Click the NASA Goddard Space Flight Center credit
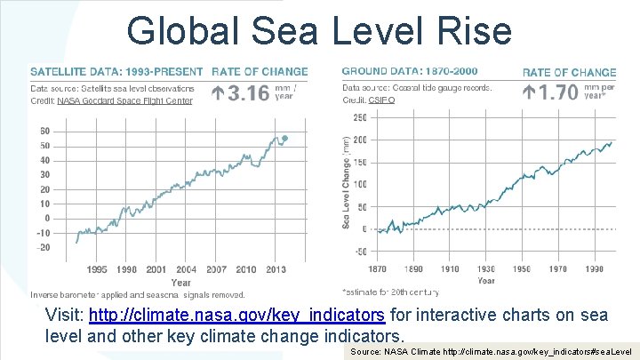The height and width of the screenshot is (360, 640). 124,100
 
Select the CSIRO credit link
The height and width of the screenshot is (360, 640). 383,101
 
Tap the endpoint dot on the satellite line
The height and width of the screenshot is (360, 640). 284,138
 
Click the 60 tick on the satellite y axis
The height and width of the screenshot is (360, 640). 44,132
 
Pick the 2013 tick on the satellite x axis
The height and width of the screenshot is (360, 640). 276,269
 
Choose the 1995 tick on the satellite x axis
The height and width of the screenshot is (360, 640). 98,269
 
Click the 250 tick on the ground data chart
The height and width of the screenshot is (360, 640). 360,117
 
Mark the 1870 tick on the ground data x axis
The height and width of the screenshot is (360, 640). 377,268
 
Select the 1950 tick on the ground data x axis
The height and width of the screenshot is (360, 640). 521,268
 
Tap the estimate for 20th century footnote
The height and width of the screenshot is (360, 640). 390,291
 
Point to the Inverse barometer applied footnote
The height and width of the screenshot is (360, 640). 138,293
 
